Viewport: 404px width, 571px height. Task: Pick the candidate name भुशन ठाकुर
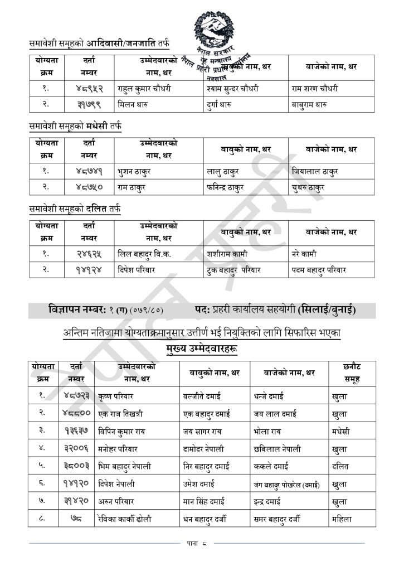coord(133,171)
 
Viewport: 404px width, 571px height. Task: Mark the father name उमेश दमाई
coord(202,484)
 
